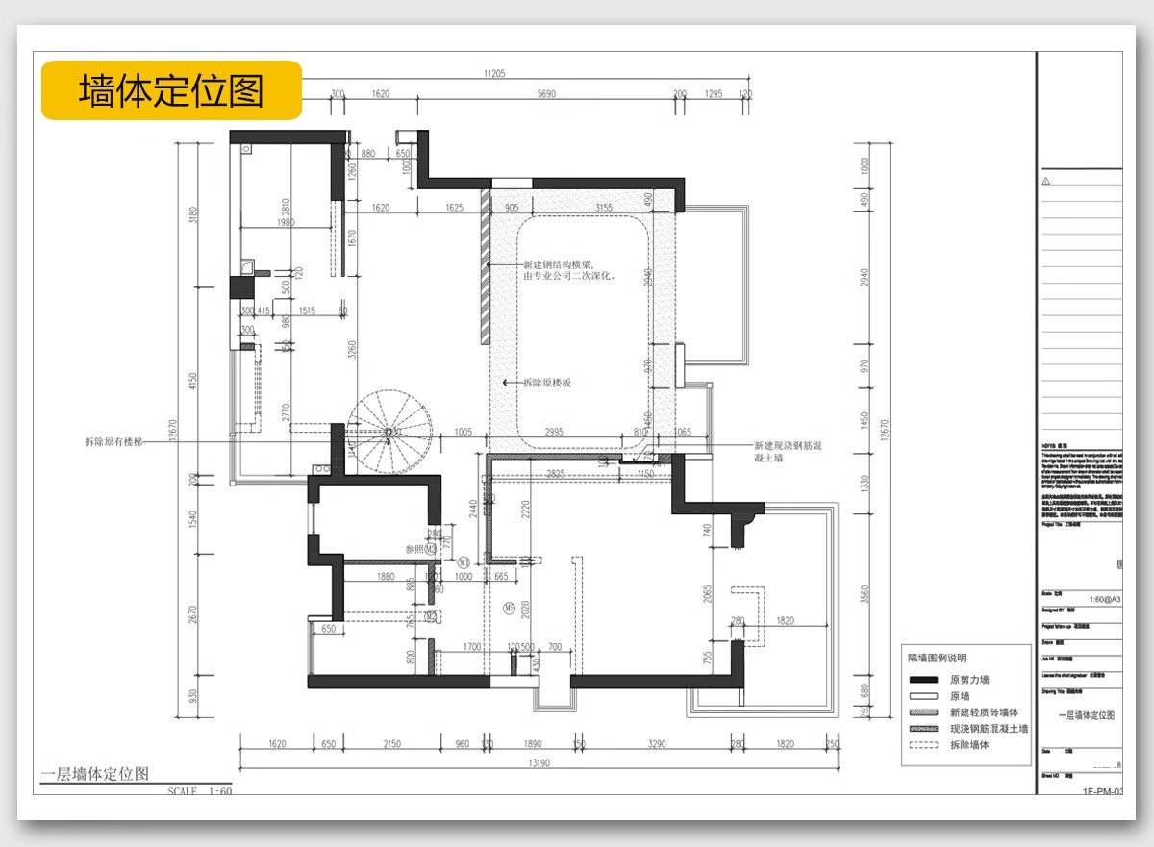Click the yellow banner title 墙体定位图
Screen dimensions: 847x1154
click(x=171, y=90)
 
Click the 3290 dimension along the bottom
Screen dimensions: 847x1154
click(x=657, y=744)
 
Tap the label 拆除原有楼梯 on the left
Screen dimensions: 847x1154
click(x=113, y=442)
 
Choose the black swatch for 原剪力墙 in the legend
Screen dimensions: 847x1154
click(x=923, y=680)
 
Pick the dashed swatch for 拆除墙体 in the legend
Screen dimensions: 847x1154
click(x=923, y=745)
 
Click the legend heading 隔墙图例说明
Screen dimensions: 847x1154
click(x=938, y=659)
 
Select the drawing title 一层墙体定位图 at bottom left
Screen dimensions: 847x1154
click(x=95, y=774)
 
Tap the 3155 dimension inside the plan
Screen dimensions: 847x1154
click(x=604, y=208)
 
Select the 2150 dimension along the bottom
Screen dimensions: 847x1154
click(x=390, y=744)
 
